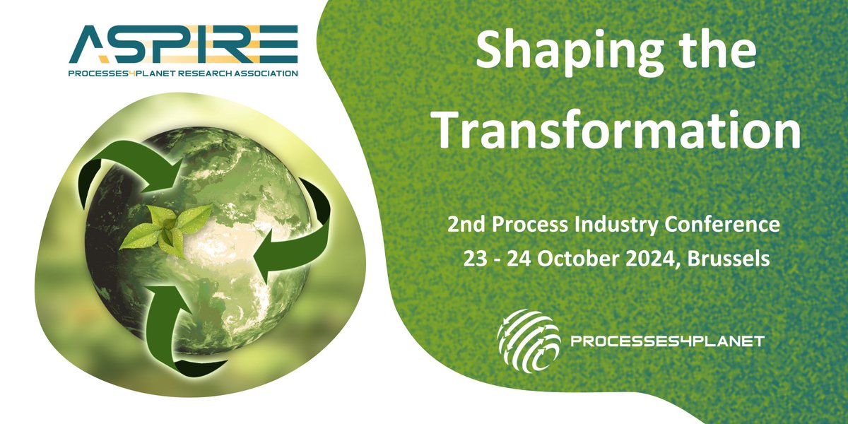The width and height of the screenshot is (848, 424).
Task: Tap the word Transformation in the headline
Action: [618, 130]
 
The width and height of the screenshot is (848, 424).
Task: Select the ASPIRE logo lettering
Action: [183, 44]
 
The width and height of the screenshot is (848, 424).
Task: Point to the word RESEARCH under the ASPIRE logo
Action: [212, 73]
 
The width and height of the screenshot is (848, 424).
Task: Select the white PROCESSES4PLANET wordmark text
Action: [667, 342]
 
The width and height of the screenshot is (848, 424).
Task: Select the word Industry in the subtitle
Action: [616, 225]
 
